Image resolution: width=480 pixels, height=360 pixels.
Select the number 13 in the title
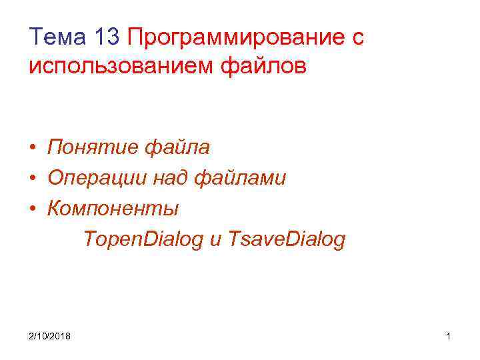point(106,37)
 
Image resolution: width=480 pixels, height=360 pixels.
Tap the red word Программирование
point(233,38)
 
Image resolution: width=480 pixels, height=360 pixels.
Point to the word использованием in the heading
point(122,67)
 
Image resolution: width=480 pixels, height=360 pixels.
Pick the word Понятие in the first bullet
point(93,147)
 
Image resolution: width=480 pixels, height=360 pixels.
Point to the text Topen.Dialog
point(143,240)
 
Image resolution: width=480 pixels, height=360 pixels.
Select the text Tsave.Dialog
point(287,240)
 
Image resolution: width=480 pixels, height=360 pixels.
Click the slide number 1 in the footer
point(449,335)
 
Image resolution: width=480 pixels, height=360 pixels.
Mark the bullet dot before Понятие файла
point(33,147)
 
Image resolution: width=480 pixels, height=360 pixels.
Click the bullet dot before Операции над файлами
point(33,179)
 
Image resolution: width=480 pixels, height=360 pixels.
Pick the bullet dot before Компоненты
point(33,209)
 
